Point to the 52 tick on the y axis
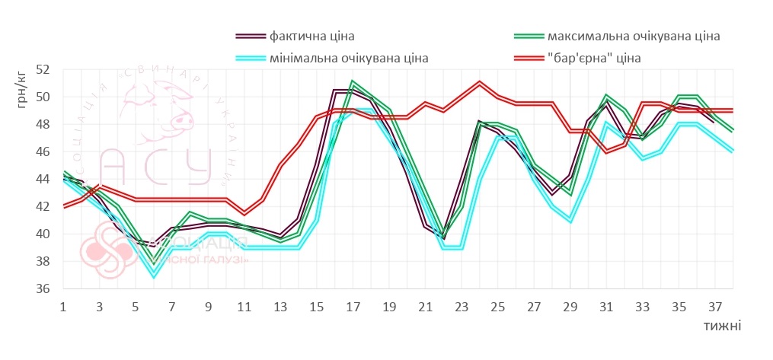pyautogui.click(x=43, y=69)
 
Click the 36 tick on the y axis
pyautogui.click(x=43, y=288)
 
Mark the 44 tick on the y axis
pyautogui.click(x=43, y=179)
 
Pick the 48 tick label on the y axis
pyautogui.click(x=43, y=124)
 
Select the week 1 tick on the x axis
pyautogui.click(x=62, y=307)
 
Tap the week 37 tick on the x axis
pyautogui.click(x=715, y=307)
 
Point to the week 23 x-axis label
pyautogui.click(x=462, y=307)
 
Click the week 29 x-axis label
pyautogui.click(x=570, y=307)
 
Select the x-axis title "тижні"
pyautogui.click(x=723, y=326)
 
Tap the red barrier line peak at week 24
pyautogui.click(x=479, y=82)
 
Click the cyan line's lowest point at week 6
pyautogui.click(x=154, y=276)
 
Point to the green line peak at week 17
pyautogui.click(x=353, y=81)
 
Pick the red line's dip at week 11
pyautogui.click(x=244, y=213)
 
